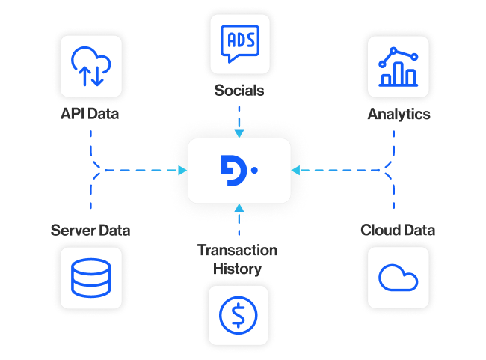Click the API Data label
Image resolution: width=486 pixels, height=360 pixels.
(90, 115)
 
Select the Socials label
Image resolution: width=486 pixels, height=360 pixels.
(239, 90)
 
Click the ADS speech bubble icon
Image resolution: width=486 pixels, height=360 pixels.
(239, 42)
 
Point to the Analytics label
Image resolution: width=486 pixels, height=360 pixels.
(399, 115)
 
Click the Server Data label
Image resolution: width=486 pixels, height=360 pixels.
(90, 230)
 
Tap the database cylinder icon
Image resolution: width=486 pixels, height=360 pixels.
(90, 278)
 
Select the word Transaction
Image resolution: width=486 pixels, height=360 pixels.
(238, 250)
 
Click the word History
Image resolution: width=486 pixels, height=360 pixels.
(238, 268)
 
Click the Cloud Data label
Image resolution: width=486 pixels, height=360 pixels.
(399, 230)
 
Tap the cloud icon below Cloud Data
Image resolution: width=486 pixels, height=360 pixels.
(399, 278)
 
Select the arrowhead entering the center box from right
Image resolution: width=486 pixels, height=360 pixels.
(296, 171)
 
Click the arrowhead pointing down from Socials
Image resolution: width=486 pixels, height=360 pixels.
(239, 133)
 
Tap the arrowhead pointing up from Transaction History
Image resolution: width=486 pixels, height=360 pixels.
(239, 208)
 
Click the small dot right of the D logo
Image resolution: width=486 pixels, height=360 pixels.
(254, 171)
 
